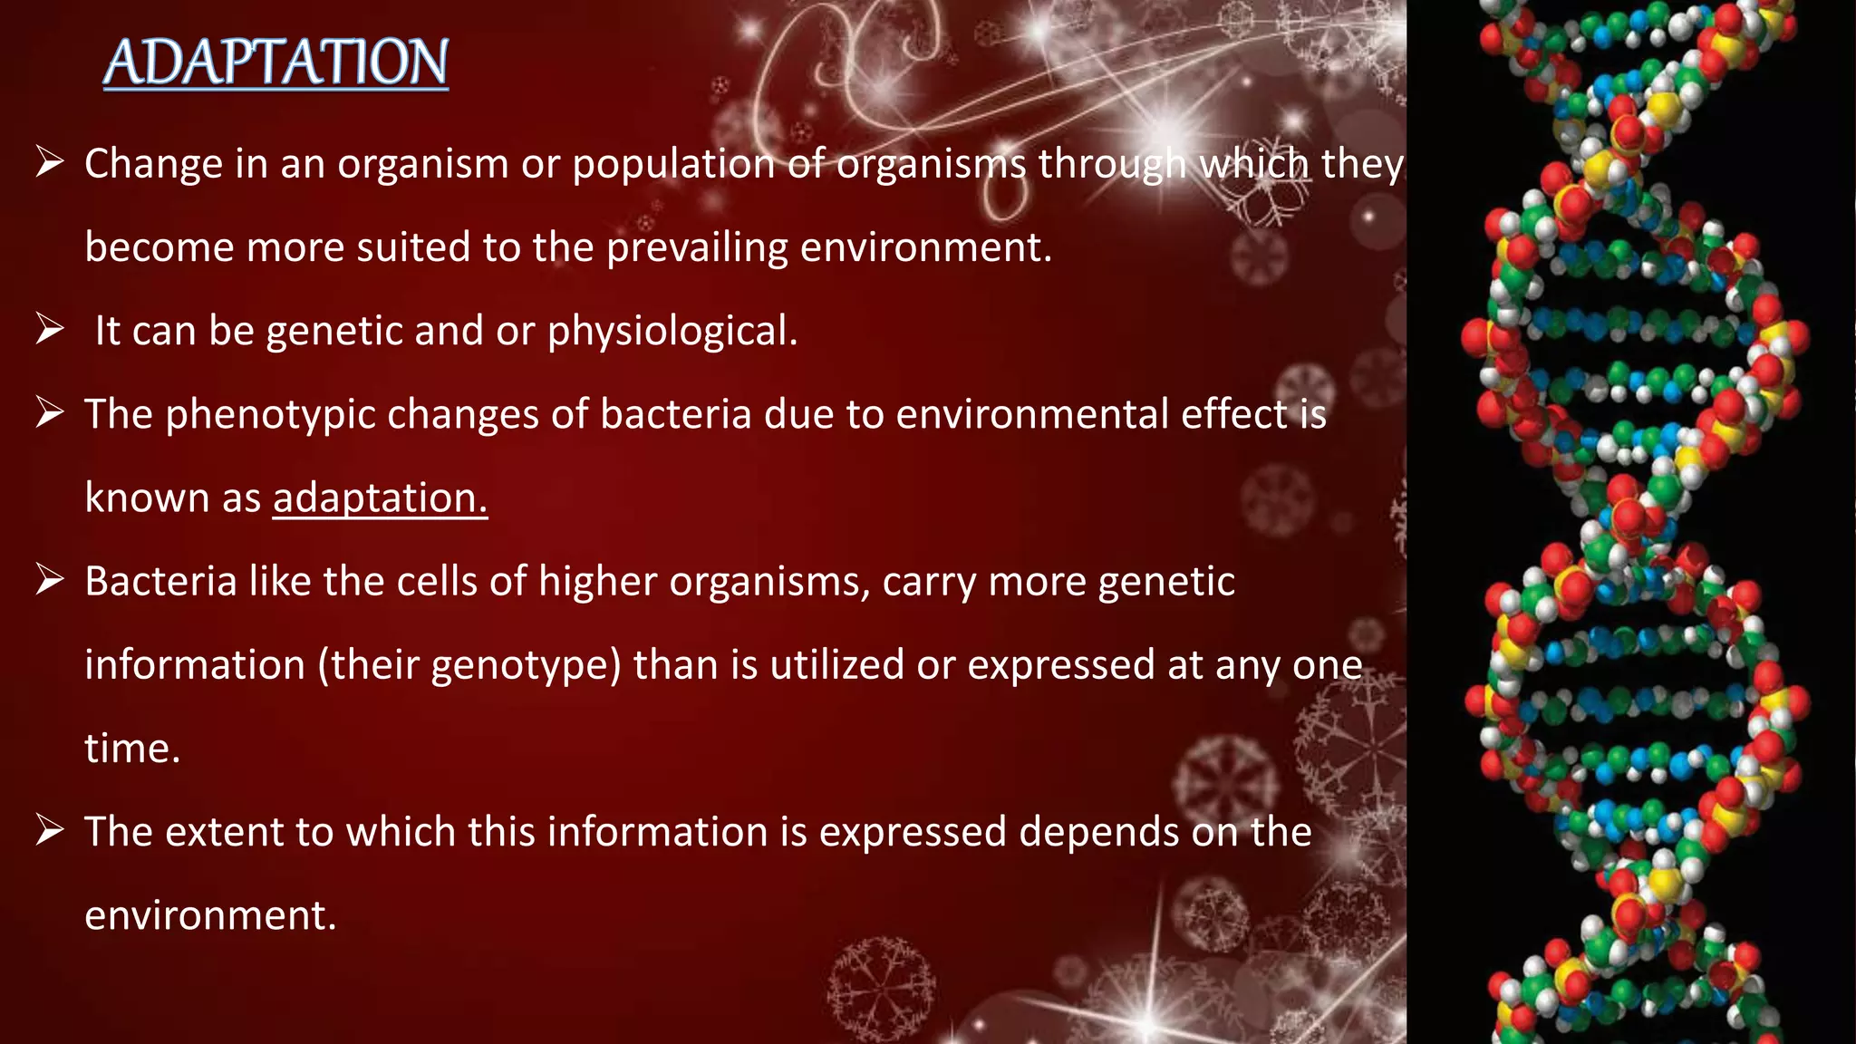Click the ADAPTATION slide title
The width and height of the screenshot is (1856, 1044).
276,63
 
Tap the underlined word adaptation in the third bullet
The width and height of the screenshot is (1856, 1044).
380,498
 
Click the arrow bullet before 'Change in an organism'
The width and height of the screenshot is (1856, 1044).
50,163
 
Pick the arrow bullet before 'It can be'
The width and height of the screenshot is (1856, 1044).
50,329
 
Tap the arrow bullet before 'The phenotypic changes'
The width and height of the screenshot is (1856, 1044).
50,413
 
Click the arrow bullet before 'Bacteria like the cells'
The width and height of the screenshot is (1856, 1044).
50,580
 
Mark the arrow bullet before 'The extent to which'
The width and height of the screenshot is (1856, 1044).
50,830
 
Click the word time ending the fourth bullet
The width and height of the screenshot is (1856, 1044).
131,749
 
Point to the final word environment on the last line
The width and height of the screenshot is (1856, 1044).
209,916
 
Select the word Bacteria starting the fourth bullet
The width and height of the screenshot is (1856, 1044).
160,582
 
